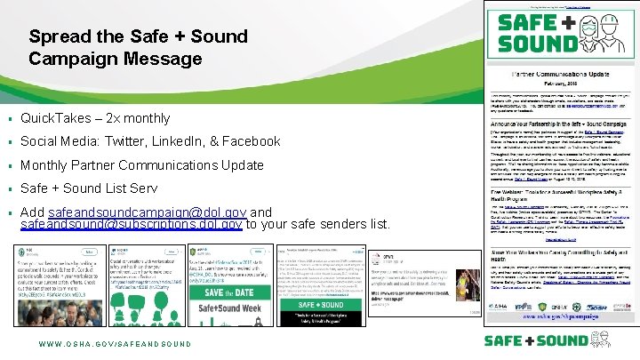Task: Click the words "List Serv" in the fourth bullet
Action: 131,188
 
